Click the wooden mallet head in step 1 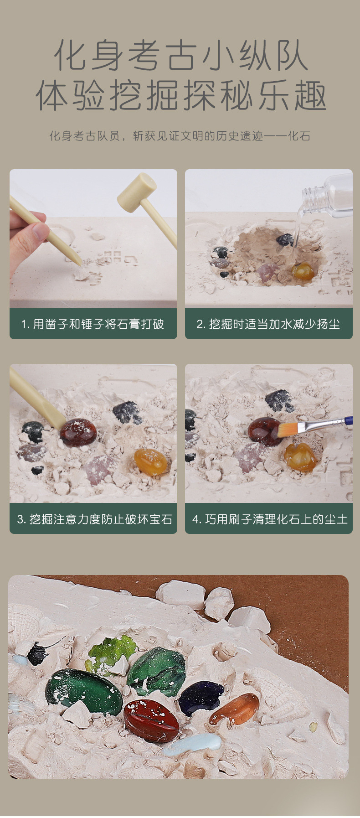[137, 190]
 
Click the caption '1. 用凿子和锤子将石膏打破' [93, 324]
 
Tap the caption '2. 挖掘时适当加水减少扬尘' [268, 324]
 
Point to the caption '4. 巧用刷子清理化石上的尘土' [268, 519]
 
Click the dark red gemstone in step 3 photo [78, 432]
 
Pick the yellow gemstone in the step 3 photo [151, 461]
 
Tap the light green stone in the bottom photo [111, 655]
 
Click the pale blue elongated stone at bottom [191, 745]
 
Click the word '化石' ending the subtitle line [299, 136]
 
